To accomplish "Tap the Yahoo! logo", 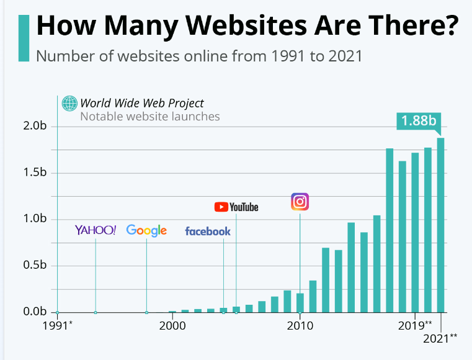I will tap(96, 230).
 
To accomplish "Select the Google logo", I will tap(146, 230).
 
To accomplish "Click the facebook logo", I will tap(208, 232).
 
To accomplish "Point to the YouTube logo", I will tap(236, 207).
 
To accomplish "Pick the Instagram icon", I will tap(300, 202).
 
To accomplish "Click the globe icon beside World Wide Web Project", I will tap(69, 103).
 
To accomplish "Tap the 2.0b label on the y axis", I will tap(35, 127).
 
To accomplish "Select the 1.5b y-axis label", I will tap(35, 173).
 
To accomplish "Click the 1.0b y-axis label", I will tap(35, 219).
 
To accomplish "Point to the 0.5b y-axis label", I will tap(35, 266).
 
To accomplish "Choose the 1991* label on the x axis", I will tap(57, 325).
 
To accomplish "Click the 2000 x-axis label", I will tap(172, 325).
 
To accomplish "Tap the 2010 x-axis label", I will tap(300, 325).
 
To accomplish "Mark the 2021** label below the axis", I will tap(440, 338).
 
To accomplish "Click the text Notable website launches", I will tap(150, 116).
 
